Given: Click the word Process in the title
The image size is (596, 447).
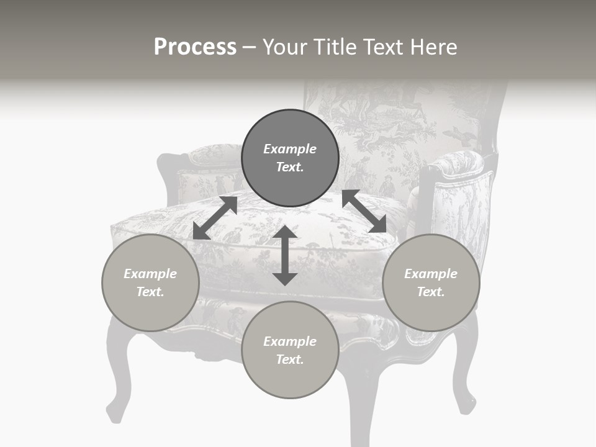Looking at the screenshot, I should (x=195, y=47).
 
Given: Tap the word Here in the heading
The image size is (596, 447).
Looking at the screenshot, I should (x=433, y=47).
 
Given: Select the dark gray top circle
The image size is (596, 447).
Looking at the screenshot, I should (x=290, y=158).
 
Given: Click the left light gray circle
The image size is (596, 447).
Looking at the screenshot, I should (x=150, y=282).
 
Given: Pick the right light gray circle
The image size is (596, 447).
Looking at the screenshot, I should (x=431, y=282).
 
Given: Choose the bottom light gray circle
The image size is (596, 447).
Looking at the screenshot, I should (x=290, y=350).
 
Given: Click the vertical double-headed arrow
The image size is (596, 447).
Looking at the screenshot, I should (x=285, y=255).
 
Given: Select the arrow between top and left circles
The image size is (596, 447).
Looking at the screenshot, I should (x=215, y=218).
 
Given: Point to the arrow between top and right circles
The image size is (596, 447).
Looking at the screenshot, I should (x=364, y=211).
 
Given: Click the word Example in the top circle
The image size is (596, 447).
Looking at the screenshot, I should (x=290, y=149).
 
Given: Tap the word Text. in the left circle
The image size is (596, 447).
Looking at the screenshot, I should (x=150, y=292).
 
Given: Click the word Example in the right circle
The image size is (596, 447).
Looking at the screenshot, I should (x=431, y=274).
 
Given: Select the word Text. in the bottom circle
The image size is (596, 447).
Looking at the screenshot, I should (x=290, y=359).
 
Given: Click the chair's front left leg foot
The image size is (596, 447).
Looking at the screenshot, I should (x=115, y=412).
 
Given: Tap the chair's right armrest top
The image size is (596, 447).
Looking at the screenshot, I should (x=456, y=163).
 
